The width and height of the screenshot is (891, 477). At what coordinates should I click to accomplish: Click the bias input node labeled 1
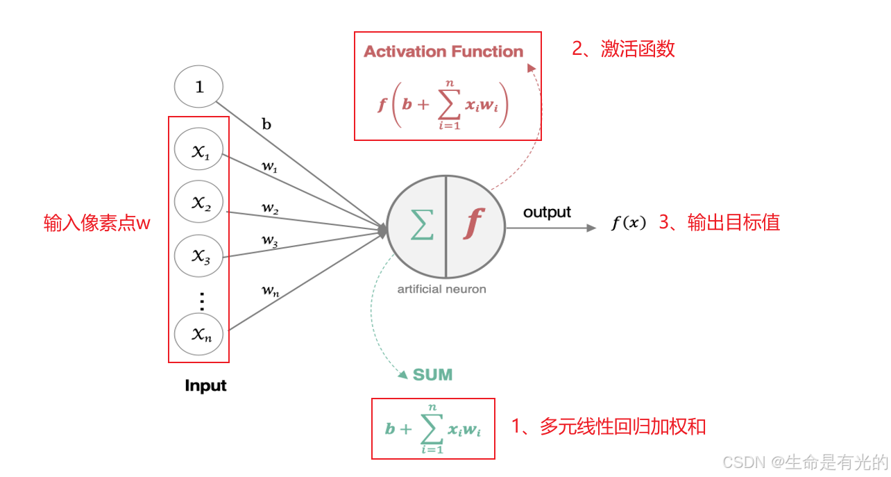coord(199,88)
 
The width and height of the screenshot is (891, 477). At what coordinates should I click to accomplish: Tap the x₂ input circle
coord(200,202)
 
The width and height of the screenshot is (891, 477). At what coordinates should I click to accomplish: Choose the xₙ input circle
coord(200,335)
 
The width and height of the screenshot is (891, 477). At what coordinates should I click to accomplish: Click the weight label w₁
coord(269,167)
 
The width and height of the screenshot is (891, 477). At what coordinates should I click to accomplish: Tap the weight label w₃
coord(270,240)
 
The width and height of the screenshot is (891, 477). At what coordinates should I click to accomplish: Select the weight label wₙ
coord(270,291)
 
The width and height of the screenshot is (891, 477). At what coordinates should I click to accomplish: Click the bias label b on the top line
coord(266,125)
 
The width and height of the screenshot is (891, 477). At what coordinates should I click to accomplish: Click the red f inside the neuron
coord(474,224)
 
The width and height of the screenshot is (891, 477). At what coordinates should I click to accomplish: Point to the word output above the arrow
coord(547,212)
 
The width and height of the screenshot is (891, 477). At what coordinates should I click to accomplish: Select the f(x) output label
coord(629,223)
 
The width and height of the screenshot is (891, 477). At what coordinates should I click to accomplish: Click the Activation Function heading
coord(443,51)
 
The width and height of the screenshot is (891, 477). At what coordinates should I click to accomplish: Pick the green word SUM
coord(432,375)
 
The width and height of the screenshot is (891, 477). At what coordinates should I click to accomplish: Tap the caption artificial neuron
coord(441,289)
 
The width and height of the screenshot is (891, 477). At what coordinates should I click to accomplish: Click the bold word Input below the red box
coord(205,386)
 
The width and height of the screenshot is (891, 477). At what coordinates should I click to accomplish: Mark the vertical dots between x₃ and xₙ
coord(202,301)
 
